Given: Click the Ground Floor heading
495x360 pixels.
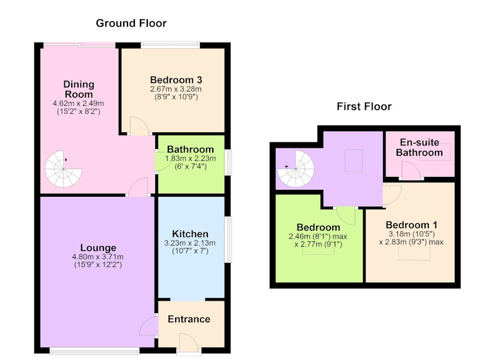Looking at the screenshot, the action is pyautogui.click(x=131, y=23).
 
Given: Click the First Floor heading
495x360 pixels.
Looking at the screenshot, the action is pyautogui.click(x=364, y=106).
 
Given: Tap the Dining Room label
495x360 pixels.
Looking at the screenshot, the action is pyautogui.click(x=79, y=89).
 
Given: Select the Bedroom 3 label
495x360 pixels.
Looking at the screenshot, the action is pyautogui.click(x=176, y=80).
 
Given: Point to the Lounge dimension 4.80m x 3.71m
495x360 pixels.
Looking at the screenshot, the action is pyautogui.click(x=98, y=257).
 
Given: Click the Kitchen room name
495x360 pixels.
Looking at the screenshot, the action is pyautogui.click(x=190, y=234).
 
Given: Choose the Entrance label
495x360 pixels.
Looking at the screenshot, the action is pyautogui.click(x=189, y=319).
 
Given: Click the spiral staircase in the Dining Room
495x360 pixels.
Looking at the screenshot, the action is pyautogui.click(x=64, y=169).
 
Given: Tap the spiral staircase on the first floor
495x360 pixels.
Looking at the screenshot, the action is pyautogui.click(x=296, y=169).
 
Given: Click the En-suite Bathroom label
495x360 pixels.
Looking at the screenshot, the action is pyautogui.click(x=420, y=147).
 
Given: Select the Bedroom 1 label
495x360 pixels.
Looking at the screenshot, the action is pyautogui.click(x=411, y=225).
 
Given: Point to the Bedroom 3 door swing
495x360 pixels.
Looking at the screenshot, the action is pyautogui.click(x=139, y=126).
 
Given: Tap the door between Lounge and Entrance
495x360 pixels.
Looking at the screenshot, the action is pyautogui.click(x=148, y=326).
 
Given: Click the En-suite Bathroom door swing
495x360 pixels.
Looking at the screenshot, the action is pyautogui.click(x=411, y=171).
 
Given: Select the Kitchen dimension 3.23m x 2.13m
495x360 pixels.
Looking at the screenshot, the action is pyautogui.click(x=190, y=243).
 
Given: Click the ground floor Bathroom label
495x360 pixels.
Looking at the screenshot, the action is pyautogui.click(x=191, y=149).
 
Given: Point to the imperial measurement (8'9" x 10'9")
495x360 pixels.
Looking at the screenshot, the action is pyautogui.click(x=176, y=97).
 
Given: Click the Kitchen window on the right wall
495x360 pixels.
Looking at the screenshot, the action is pyautogui.click(x=228, y=239).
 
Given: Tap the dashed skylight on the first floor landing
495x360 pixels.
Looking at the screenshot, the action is pyautogui.click(x=353, y=161).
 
